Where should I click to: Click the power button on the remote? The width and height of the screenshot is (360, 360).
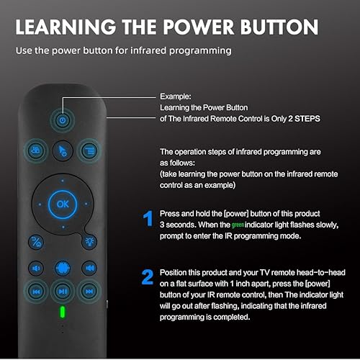pos(62,120)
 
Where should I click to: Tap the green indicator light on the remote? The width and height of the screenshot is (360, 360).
pos(63,312)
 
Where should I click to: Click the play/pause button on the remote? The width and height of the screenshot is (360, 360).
pos(63,292)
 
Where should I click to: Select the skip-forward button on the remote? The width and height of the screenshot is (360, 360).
pos(89,292)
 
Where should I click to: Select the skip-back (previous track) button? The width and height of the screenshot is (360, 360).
pos(36,292)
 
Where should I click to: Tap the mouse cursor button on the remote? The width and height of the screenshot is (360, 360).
pos(62,149)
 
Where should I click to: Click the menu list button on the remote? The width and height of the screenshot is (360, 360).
pos(88,149)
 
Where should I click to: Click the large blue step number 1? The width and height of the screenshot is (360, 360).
pos(147,219)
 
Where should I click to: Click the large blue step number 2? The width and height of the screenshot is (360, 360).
pos(147,277)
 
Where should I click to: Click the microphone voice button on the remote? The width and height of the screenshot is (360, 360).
pos(62,267)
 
